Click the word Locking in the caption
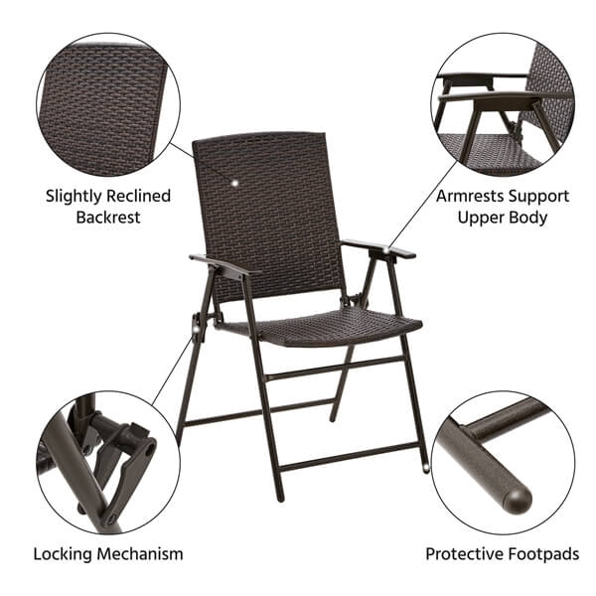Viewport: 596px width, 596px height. point(63,553)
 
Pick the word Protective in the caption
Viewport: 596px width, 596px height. point(465,553)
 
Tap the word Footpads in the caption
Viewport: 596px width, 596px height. point(543,553)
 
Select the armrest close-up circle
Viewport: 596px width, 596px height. point(503,104)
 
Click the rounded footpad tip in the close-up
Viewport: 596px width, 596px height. point(517,497)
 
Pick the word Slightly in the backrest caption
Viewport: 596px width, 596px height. point(74,197)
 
